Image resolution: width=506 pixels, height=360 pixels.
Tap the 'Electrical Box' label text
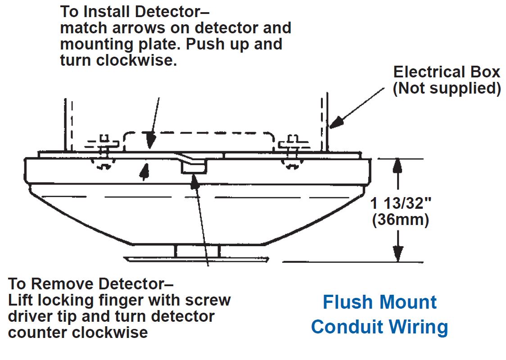tap(447, 72)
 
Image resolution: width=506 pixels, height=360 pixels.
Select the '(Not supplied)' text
tap(447, 88)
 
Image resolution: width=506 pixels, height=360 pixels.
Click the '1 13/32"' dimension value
tap(401, 203)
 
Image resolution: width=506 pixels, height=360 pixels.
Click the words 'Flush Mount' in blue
tap(379, 302)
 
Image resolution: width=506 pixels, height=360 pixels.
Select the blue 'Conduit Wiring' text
tap(379, 327)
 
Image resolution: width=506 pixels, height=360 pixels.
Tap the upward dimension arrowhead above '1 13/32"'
tap(397, 166)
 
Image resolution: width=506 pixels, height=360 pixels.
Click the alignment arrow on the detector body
tap(144, 172)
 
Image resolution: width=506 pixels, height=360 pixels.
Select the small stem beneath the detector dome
tap(197, 252)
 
